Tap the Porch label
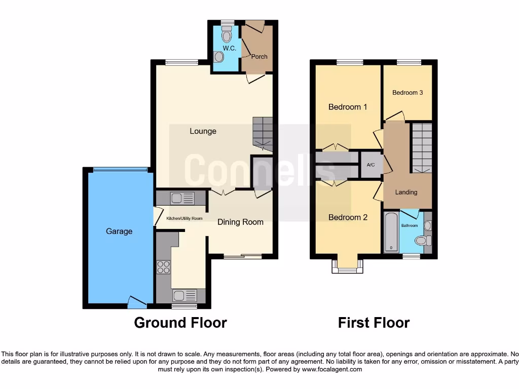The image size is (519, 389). click(x=259, y=57)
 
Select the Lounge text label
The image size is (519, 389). click(x=203, y=131)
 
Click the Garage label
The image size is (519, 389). click(x=119, y=231)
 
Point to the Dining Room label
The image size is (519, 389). click(x=240, y=222)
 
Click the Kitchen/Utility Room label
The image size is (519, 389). click(x=184, y=218)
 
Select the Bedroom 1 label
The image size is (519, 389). click(x=348, y=107)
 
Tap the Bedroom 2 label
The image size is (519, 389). click(x=348, y=217)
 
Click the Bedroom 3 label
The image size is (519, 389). click(x=407, y=93)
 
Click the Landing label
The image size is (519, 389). click(x=406, y=192)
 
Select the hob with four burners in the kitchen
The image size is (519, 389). click(x=164, y=267)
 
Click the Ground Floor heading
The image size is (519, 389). click(x=180, y=323)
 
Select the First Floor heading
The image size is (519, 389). click(x=374, y=323)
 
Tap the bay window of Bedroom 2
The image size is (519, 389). click(x=347, y=266)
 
